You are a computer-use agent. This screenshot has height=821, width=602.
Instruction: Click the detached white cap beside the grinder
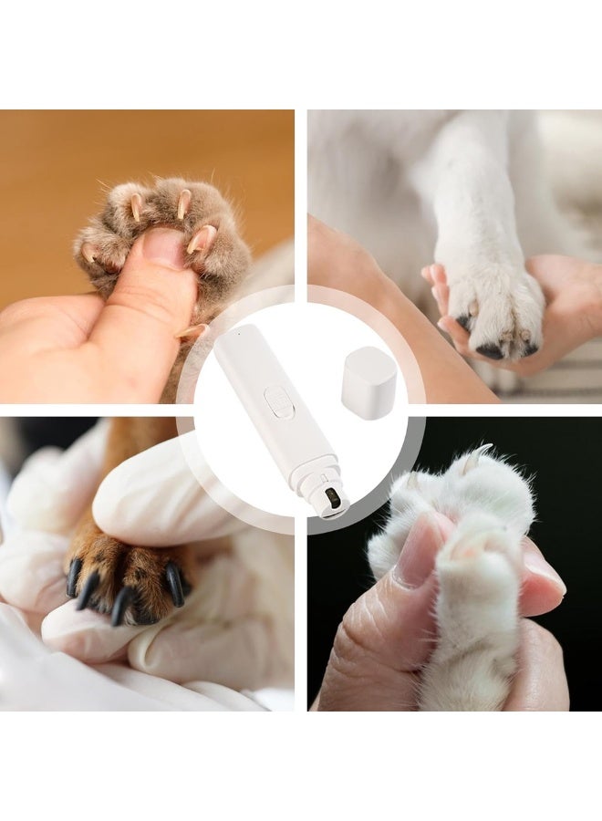368,382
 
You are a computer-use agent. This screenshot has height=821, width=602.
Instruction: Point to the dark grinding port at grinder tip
333,498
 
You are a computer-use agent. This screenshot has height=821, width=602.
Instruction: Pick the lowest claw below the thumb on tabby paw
192,331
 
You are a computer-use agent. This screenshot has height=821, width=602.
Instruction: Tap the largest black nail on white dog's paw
489,349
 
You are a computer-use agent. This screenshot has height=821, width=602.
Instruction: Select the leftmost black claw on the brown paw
73,577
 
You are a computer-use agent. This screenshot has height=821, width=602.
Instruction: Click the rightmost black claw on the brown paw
174,584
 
